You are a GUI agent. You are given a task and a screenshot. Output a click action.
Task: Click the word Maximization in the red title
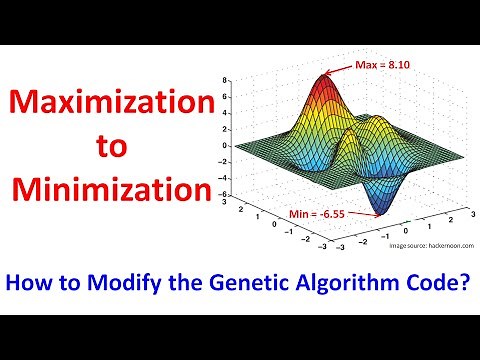113,103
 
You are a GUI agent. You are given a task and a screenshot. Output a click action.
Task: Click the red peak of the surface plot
325,80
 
